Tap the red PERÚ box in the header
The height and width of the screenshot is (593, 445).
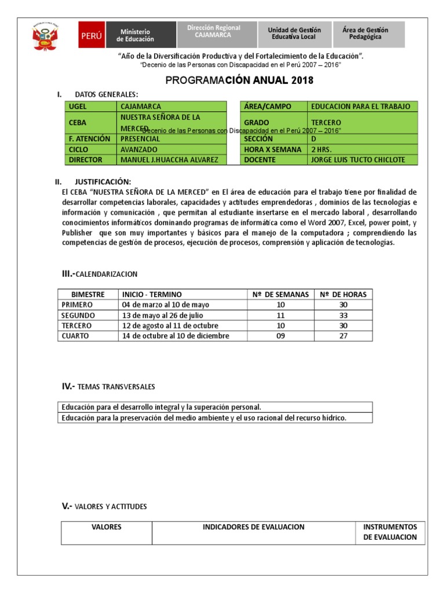tap(92, 35)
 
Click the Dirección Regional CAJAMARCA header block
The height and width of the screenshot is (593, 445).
tap(214, 31)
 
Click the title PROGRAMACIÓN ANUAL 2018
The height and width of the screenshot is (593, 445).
tap(239, 80)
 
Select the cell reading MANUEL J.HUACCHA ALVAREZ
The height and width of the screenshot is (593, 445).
tap(172, 160)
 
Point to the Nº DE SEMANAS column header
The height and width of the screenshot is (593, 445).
tap(280, 294)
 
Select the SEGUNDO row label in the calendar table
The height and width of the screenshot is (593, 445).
tap(79, 315)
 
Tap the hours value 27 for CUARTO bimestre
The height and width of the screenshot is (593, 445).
tap(344, 336)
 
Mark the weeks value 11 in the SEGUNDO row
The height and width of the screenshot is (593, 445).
tap(280, 315)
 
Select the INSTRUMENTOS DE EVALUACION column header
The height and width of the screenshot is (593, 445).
tap(390, 532)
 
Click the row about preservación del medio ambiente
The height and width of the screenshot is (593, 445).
tap(203, 418)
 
